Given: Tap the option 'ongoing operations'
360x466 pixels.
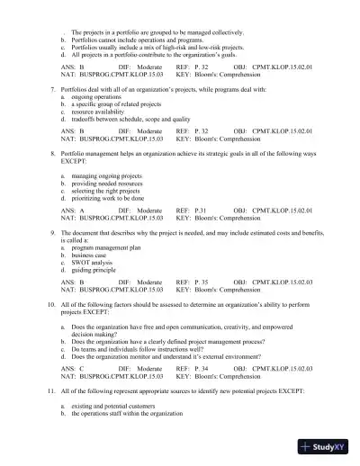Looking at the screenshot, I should tap(95, 98).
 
